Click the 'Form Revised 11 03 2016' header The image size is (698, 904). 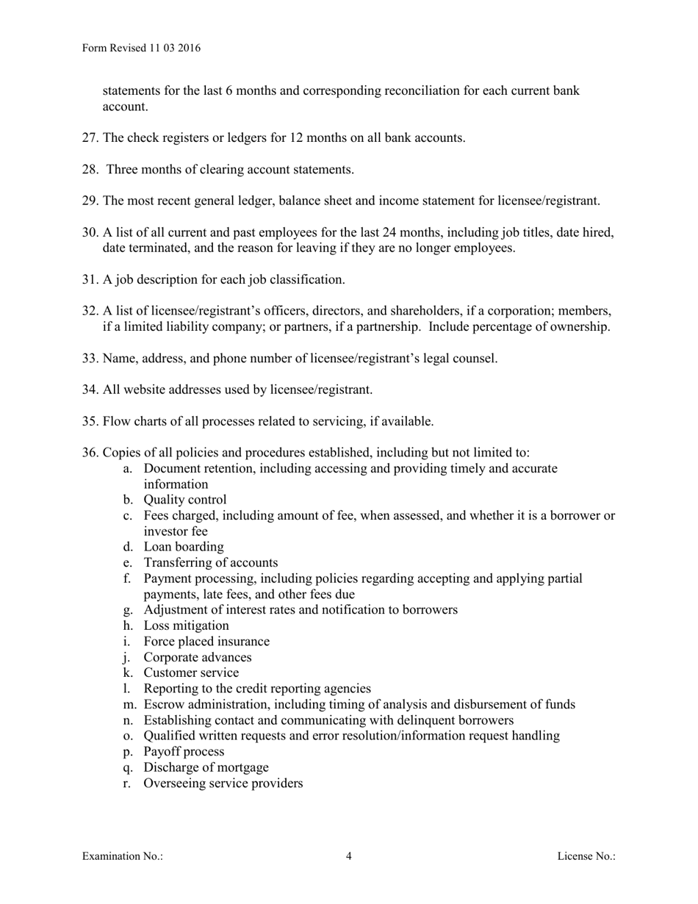pyautogui.click(x=141, y=49)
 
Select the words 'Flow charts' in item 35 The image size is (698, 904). pyautogui.click(x=136, y=421)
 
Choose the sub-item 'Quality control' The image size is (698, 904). pyautogui.click(x=185, y=500)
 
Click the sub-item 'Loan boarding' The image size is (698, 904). pyautogui.click(x=184, y=547)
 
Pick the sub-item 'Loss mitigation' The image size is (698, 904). pyautogui.click(x=186, y=625)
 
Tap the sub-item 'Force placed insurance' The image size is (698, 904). pyautogui.click(x=206, y=642)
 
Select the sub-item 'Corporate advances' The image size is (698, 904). pyautogui.click(x=198, y=657)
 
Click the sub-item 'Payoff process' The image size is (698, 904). pyautogui.click(x=184, y=751)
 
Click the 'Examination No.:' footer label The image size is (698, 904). pyautogui.click(x=123, y=855)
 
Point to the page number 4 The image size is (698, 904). pyautogui.click(x=349, y=855)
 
